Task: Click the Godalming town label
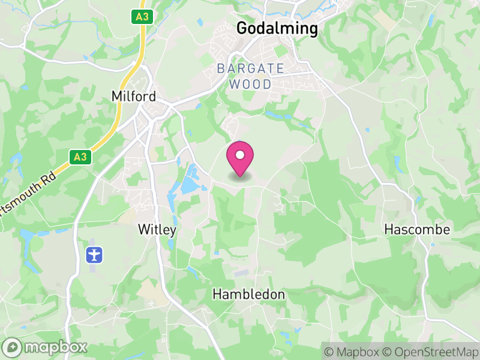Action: (x=277, y=28)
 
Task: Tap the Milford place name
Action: (x=134, y=97)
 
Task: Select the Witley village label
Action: (x=157, y=229)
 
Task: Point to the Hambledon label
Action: (x=249, y=295)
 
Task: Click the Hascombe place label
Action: (x=417, y=229)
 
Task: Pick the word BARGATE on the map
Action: (x=251, y=68)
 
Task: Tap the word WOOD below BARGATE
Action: (x=251, y=84)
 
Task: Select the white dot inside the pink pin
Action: (x=240, y=155)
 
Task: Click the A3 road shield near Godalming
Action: (x=142, y=17)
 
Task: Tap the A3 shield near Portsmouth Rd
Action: (x=78, y=157)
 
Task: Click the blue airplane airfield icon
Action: (x=94, y=254)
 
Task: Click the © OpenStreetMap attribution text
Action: (x=429, y=352)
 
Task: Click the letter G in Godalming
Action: (x=242, y=28)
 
